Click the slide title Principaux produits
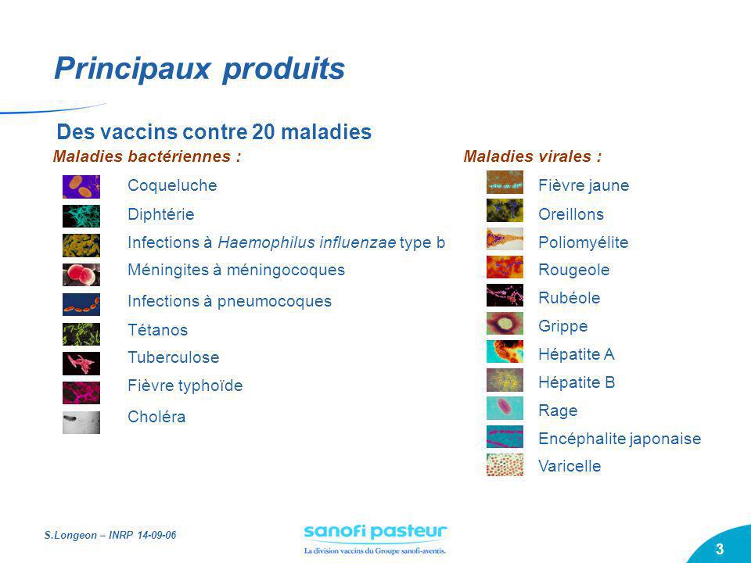tap(199, 69)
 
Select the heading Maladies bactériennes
tap(146, 156)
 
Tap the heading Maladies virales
tap(533, 156)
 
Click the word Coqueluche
tap(172, 185)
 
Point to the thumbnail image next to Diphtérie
tap(81, 215)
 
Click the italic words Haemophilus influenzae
tap(307, 242)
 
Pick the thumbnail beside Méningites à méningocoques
tap(81, 274)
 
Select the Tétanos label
tap(157, 330)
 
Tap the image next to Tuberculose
tap(81, 363)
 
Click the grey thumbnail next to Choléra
tap(81, 422)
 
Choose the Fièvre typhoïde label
tap(185, 385)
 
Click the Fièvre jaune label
tap(584, 185)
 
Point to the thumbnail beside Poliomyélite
tap(505, 238)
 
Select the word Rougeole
tap(573, 270)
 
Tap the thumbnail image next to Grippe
tap(505, 323)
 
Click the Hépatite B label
tap(577, 382)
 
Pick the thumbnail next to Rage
tap(505, 408)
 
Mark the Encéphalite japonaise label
tap(620, 439)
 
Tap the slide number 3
tap(719, 549)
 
